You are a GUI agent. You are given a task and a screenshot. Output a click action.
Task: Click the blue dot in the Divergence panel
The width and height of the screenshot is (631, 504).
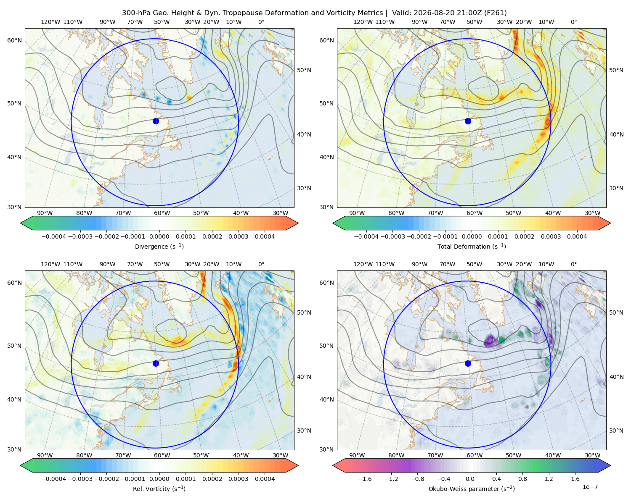[156, 121]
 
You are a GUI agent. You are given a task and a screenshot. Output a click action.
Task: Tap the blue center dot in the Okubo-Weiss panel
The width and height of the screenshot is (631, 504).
[468, 363]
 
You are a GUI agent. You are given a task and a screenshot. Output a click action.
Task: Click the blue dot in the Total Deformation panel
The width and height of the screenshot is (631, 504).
[468, 121]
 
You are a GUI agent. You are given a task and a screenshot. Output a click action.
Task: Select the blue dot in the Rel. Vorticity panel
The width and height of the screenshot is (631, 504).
[156, 363]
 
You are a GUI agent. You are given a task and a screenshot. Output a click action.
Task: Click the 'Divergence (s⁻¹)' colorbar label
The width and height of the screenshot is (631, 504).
[159, 247]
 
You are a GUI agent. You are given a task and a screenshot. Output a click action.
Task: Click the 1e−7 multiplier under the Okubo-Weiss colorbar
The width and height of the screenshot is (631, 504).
[590, 487]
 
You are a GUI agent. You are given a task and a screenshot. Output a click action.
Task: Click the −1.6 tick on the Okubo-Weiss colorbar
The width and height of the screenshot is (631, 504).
[365, 479]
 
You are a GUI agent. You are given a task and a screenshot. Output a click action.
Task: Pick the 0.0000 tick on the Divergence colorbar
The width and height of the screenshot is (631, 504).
[159, 236]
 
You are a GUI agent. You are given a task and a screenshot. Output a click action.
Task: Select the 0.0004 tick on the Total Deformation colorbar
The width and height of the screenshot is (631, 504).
[577, 236]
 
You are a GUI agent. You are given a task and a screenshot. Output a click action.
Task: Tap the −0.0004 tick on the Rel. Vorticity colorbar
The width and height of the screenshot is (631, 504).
[54, 479]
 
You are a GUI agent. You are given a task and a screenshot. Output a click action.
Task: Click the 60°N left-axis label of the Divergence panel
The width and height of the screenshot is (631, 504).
[14, 40]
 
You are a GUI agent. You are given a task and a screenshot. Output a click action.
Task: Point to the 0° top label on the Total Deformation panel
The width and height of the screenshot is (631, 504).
[574, 22]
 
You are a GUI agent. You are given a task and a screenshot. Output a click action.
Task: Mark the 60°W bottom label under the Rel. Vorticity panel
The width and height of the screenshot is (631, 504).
[162, 455]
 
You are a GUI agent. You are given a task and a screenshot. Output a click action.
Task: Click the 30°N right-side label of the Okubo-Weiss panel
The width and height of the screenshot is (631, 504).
[616, 430]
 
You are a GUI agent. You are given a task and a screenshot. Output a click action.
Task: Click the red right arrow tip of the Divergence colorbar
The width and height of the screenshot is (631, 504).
[298, 223]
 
